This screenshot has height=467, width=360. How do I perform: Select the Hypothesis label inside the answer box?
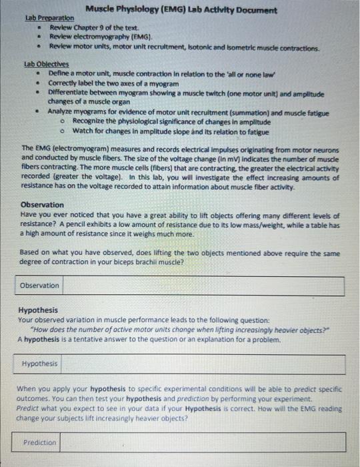(x=40, y=364)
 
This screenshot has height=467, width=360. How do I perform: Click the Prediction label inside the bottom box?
(x=39, y=442)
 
